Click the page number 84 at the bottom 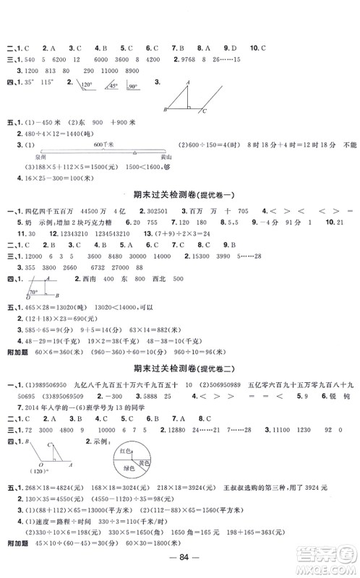point(179,561)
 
